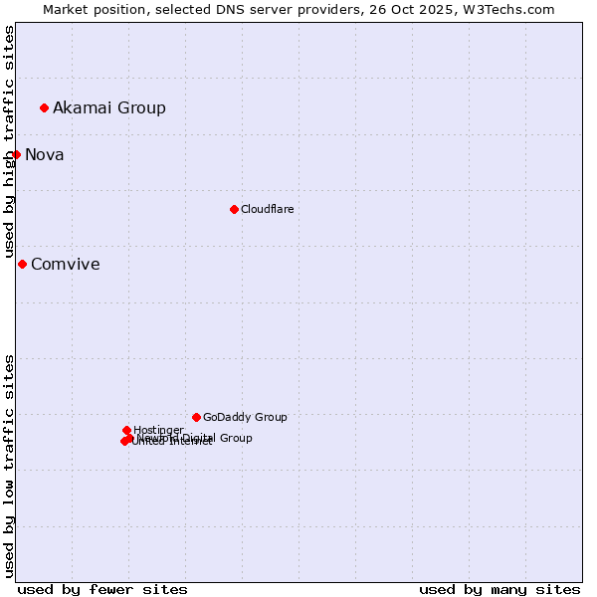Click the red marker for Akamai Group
[x=44, y=107]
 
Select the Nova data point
[x=16, y=154]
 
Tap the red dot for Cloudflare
[x=234, y=209]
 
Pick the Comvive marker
[x=22, y=264]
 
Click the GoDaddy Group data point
[x=196, y=417]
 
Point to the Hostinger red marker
[x=126, y=430]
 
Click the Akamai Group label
[x=109, y=107]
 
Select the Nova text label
[x=45, y=154]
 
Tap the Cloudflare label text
[x=267, y=209]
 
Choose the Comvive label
[x=66, y=264]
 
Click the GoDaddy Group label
[x=245, y=417]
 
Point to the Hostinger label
[x=158, y=430]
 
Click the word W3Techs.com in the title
[x=506, y=9]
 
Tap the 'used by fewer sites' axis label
[x=102, y=589]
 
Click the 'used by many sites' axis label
[x=499, y=589]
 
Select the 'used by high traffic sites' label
[x=9, y=141]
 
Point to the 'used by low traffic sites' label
[x=9, y=466]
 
